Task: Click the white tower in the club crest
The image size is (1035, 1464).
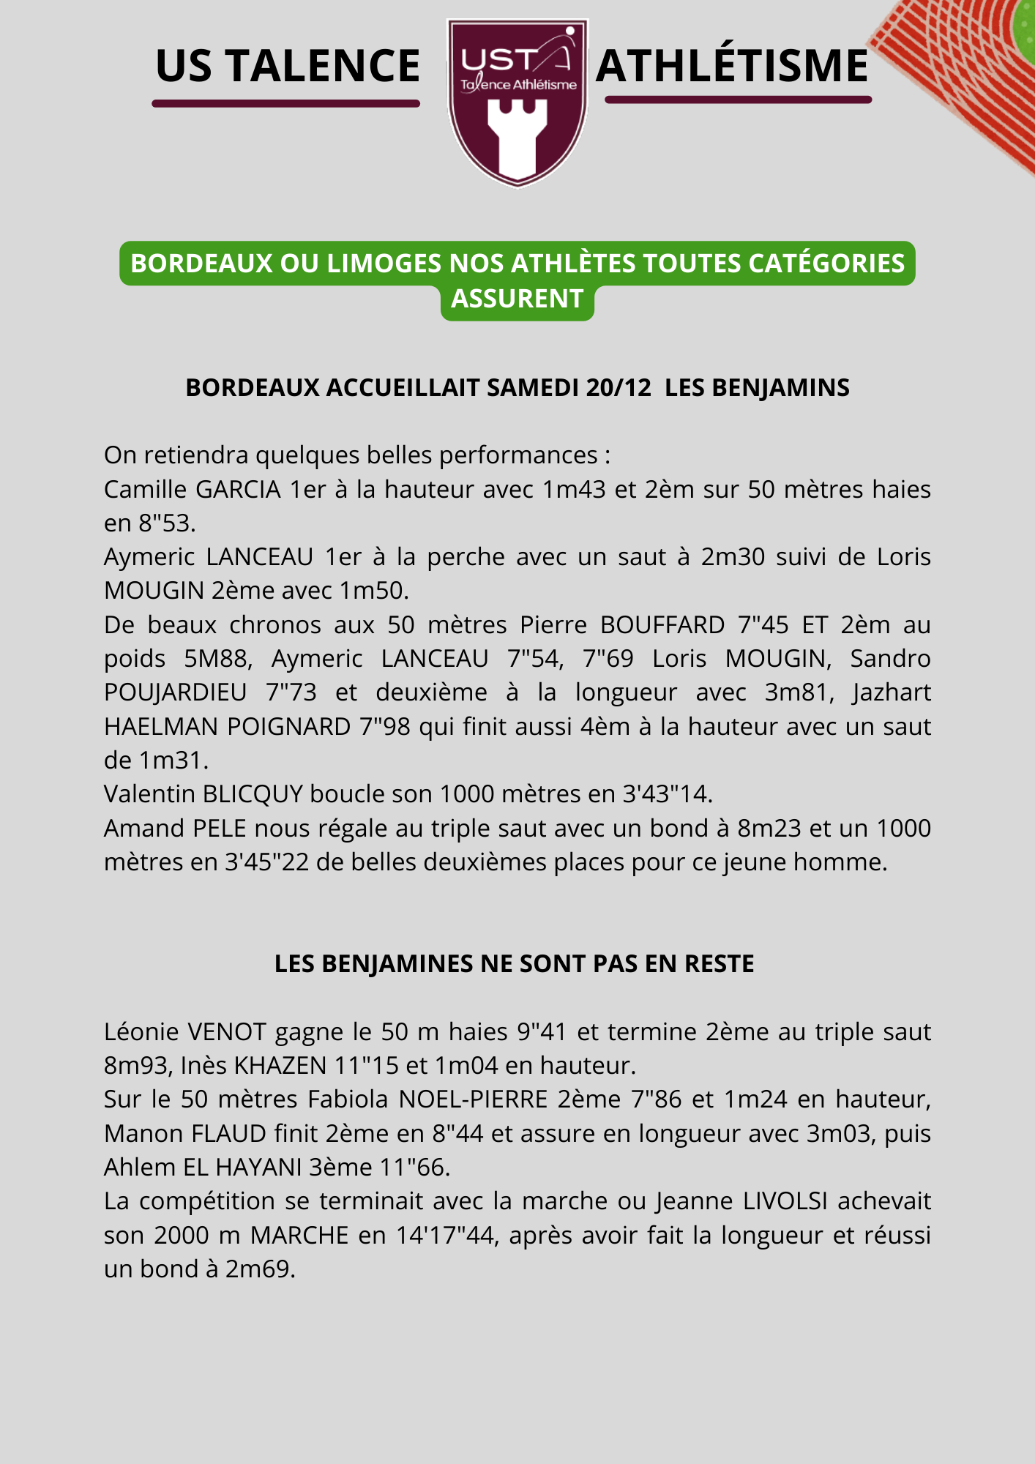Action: pyautogui.click(x=517, y=139)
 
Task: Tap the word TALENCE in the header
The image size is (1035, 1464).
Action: pyautogui.click(x=322, y=66)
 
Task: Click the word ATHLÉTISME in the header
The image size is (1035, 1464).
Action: pyautogui.click(x=732, y=66)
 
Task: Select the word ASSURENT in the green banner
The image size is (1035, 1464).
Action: pyautogui.click(x=517, y=299)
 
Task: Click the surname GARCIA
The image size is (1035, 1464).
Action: pyautogui.click(x=238, y=489)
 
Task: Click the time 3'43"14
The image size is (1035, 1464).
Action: pyautogui.click(x=667, y=794)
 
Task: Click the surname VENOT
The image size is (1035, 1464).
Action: pyautogui.click(x=227, y=1032)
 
